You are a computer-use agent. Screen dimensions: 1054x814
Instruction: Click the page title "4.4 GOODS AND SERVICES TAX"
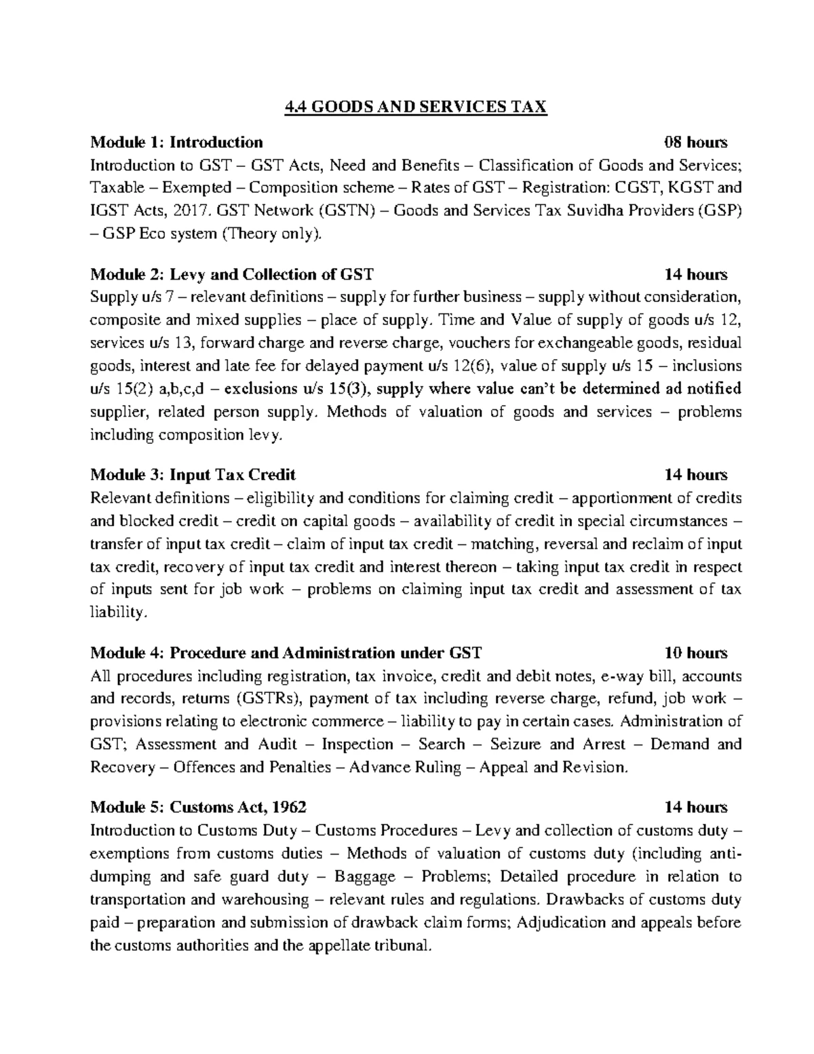(x=414, y=107)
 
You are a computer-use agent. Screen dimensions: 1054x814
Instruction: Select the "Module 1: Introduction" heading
(x=176, y=142)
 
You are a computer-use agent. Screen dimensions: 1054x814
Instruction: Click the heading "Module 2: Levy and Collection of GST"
(x=231, y=274)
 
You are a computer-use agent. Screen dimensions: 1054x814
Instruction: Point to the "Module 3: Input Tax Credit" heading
(x=193, y=474)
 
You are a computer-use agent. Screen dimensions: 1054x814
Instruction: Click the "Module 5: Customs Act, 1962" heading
(x=198, y=807)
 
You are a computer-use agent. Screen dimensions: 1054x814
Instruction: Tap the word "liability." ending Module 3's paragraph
(x=117, y=613)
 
